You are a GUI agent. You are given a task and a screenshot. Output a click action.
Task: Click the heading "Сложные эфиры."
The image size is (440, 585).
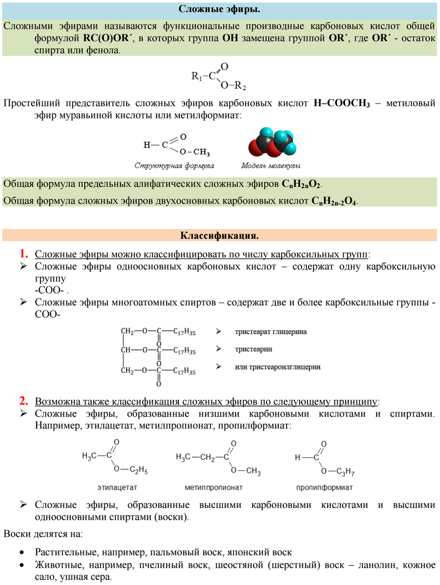[x=219, y=9]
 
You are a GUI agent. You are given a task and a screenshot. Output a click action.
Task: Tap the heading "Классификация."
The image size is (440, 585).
[x=219, y=236]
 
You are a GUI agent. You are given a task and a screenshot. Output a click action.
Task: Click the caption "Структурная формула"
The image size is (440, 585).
[x=174, y=166]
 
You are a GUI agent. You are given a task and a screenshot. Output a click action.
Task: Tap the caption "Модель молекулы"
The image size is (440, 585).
[x=271, y=166]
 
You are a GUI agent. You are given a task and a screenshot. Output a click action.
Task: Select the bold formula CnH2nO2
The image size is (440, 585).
[x=302, y=184]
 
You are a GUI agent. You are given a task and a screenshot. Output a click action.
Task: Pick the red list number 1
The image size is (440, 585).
[x=24, y=253]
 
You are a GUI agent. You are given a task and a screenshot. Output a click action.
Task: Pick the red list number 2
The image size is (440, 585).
[x=24, y=401]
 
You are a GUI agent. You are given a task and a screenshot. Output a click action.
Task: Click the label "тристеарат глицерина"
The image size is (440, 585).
[x=271, y=332]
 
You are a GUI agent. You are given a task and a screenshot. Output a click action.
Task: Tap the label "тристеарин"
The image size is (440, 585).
[x=253, y=349]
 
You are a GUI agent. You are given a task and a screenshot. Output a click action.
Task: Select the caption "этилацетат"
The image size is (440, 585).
[x=117, y=487]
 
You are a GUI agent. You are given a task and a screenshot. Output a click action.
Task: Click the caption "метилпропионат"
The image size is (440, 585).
[x=213, y=487]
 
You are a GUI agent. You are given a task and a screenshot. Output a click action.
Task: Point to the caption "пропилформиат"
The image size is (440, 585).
[x=324, y=487]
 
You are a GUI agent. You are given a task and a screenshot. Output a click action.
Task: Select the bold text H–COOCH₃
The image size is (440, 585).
[x=342, y=103]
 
